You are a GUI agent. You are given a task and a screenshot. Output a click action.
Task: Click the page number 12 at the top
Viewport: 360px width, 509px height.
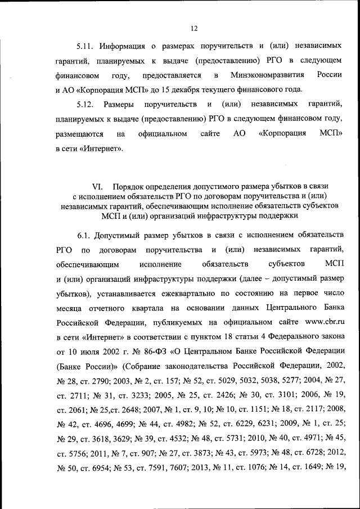click(x=194, y=29)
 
